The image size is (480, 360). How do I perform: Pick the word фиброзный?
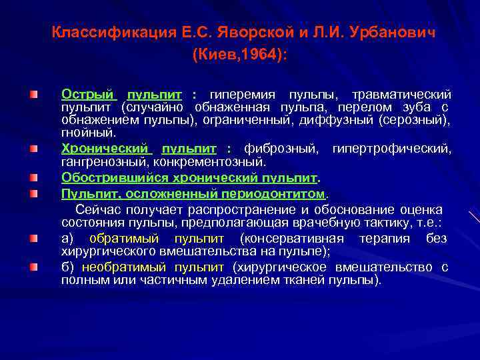(281, 149)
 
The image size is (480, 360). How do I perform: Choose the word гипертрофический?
(391, 149)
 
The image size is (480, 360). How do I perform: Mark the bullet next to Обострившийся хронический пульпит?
(33, 178)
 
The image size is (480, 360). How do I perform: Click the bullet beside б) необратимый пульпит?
(33, 267)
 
